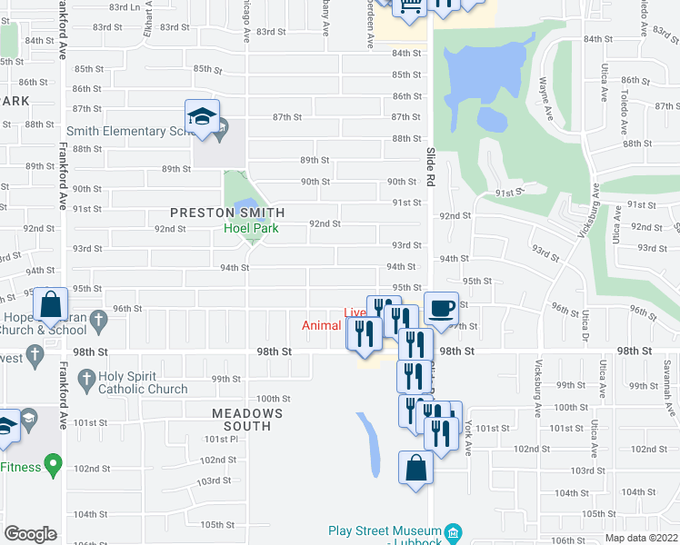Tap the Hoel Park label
(x=252, y=229)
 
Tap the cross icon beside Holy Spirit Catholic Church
(x=86, y=376)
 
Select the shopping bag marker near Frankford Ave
(x=51, y=307)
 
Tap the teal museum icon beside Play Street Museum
(x=456, y=531)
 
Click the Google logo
(x=30, y=533)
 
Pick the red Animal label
(x=322, y=325)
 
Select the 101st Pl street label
(x=220, y=439)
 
